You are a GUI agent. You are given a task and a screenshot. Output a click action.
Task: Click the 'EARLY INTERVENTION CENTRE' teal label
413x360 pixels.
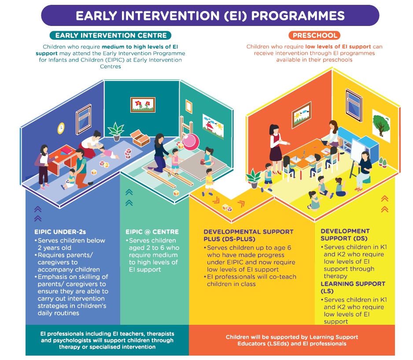[111, 35]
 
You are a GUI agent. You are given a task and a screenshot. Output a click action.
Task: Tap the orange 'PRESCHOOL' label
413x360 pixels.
[314, 35]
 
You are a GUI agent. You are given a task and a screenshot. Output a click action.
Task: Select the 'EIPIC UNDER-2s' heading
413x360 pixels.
[60, 232]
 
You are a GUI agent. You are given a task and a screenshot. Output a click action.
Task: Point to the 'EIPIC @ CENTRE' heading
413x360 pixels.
[152, 232]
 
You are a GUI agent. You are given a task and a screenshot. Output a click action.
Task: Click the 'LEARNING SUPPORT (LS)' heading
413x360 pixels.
[353, 287]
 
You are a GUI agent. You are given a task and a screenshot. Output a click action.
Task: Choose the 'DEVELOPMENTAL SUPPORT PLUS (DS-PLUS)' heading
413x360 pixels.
[248, 235]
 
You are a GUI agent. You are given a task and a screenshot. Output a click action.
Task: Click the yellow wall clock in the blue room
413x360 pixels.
[61, 128]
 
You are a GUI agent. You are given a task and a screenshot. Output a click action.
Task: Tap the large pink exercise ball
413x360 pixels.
[191, 142]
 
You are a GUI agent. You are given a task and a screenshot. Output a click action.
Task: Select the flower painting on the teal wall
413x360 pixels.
[143, 105]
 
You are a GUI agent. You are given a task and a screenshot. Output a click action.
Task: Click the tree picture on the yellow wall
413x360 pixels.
[381, 125]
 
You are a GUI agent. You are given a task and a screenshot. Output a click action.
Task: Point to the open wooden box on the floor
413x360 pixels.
[140, 138]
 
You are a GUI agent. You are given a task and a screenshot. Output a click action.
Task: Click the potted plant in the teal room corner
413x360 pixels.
[116, 132]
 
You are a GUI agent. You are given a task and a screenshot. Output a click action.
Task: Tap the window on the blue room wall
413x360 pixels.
[84, 119]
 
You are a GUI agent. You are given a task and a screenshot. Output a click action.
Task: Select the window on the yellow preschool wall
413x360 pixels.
[354, 105]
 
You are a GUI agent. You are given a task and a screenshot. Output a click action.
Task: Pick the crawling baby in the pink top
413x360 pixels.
[109, 153]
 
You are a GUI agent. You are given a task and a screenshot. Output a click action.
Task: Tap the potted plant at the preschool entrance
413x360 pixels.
[254, 178]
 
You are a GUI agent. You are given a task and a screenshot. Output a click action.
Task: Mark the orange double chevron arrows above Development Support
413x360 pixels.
[384, 204]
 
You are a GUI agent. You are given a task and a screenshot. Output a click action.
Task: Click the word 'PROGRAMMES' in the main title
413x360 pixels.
[298, 15]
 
